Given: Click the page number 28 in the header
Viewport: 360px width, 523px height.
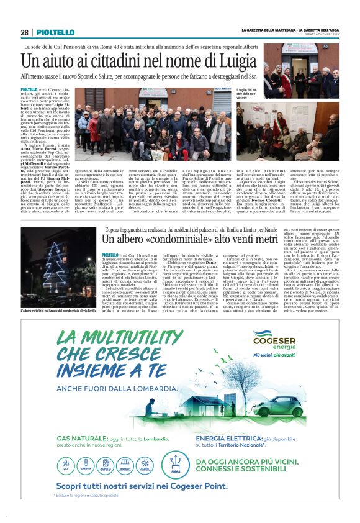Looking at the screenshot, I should [x=25, y=33].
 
